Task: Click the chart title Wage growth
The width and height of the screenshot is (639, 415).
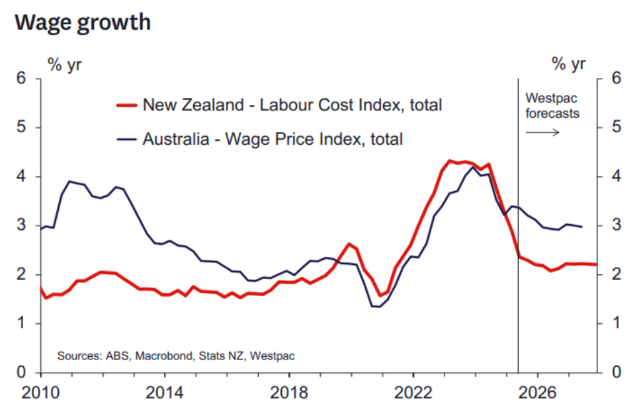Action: pos(82,22)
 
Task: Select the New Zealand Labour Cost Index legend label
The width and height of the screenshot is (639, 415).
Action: pos(292,104)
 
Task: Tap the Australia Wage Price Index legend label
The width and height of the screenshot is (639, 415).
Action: pos(273,139)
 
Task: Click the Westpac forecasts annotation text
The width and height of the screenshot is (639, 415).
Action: pos(552,106)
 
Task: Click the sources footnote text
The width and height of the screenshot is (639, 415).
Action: pos(176,356)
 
